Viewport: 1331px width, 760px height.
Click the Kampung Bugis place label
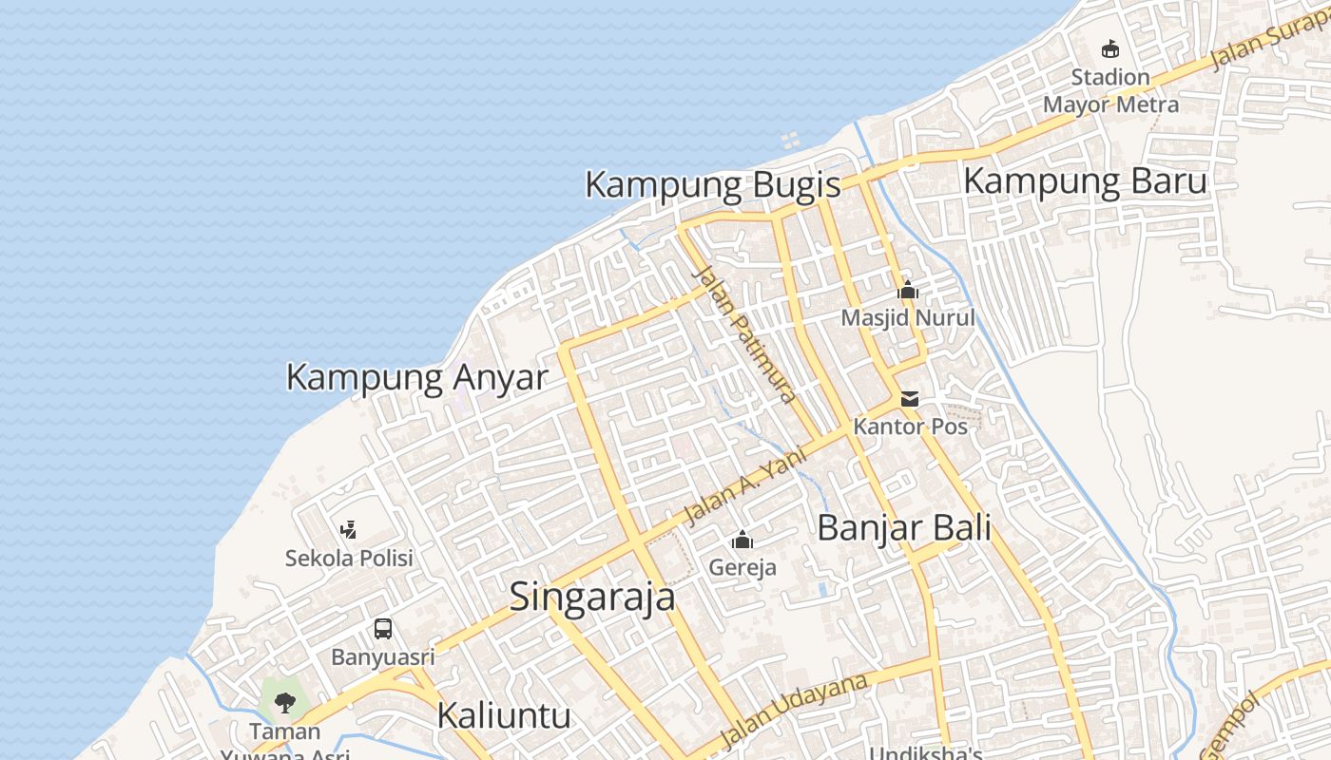tap(712, 184)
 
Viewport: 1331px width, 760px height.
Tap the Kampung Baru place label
tap(1085, 180)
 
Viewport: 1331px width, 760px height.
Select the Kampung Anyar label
tap(416, 377)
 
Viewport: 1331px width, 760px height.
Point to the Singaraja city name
tap(592, 597)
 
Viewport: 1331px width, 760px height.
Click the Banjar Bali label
tap(903, 527)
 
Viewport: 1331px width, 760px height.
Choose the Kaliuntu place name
tap(504, 715)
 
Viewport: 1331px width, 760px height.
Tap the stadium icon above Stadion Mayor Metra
tap(1109, 48)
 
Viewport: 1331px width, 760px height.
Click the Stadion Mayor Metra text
tap(1110, 90)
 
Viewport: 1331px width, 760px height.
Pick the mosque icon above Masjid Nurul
tap(908, 290)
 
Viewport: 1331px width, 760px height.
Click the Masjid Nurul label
tap(908, 317)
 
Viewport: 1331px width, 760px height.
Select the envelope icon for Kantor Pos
tap(910, 399)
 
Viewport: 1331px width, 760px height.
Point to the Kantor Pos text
tap(910, 427)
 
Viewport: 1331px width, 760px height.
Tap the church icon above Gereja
tap(743, 541)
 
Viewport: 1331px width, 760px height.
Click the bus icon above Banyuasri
tap(383, 628)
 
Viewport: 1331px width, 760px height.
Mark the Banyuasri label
tap(383, 656)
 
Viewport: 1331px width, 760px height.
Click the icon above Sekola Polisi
tap(349, 529)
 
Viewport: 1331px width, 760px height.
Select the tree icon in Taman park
tap(284, 703)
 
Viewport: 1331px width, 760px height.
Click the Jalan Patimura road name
tap(744, 334)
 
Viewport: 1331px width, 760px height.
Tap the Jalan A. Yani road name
tap(745, 486)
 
